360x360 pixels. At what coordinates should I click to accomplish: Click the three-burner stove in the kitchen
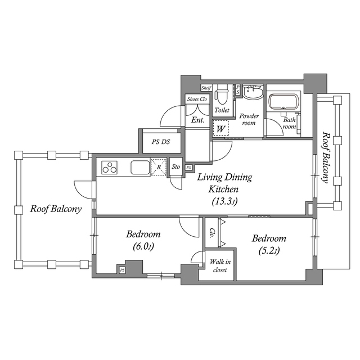(x=109, y=168)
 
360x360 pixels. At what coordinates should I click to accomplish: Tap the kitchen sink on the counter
(x=140, y=168)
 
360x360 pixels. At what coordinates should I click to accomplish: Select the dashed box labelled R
(x=159, y=168)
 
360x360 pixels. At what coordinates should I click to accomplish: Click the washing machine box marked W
(x=220, y=129)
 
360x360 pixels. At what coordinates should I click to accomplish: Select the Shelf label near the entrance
(x=206, y=88)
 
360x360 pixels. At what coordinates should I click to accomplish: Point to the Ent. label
(x=197, y=120)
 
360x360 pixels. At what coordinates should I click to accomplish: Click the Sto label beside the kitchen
(x=175, y=167)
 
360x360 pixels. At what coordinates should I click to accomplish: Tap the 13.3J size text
(x=224, y=201)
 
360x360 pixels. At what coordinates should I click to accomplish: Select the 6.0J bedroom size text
(x=143, y=246)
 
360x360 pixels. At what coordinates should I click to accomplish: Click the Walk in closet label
(x=218, y=265)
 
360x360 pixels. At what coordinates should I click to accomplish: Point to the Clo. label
(x=212, y=232)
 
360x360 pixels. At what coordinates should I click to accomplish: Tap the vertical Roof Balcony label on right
(x=325, y=157)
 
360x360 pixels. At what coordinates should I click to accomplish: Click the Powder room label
(x=248, y=119)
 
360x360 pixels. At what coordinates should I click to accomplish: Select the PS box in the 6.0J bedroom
(x=122, y=271)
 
